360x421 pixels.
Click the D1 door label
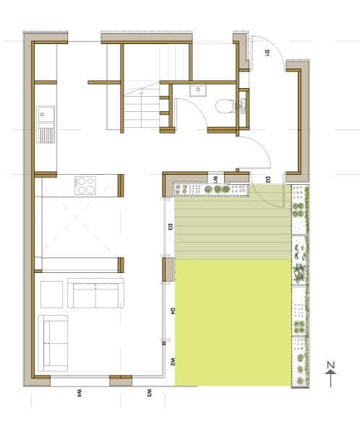[267, 53]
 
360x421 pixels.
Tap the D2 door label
[267, 180]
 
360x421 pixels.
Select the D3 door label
[170, 227]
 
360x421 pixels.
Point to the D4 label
[173, 311]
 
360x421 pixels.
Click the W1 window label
[215, 179]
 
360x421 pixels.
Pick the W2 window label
[172, 362]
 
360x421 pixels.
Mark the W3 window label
[149, 393]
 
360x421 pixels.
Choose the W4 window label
[79, 394]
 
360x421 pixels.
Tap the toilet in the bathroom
[226, 105]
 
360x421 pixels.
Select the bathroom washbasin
[198, 91]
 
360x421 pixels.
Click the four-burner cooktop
[85, 186]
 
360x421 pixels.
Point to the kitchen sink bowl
[46, 115]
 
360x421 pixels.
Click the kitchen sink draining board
[46, 135]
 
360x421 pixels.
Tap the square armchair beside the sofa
[51, 295]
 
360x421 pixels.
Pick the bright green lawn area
[233, 323]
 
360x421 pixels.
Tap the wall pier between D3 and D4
[168, 269]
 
